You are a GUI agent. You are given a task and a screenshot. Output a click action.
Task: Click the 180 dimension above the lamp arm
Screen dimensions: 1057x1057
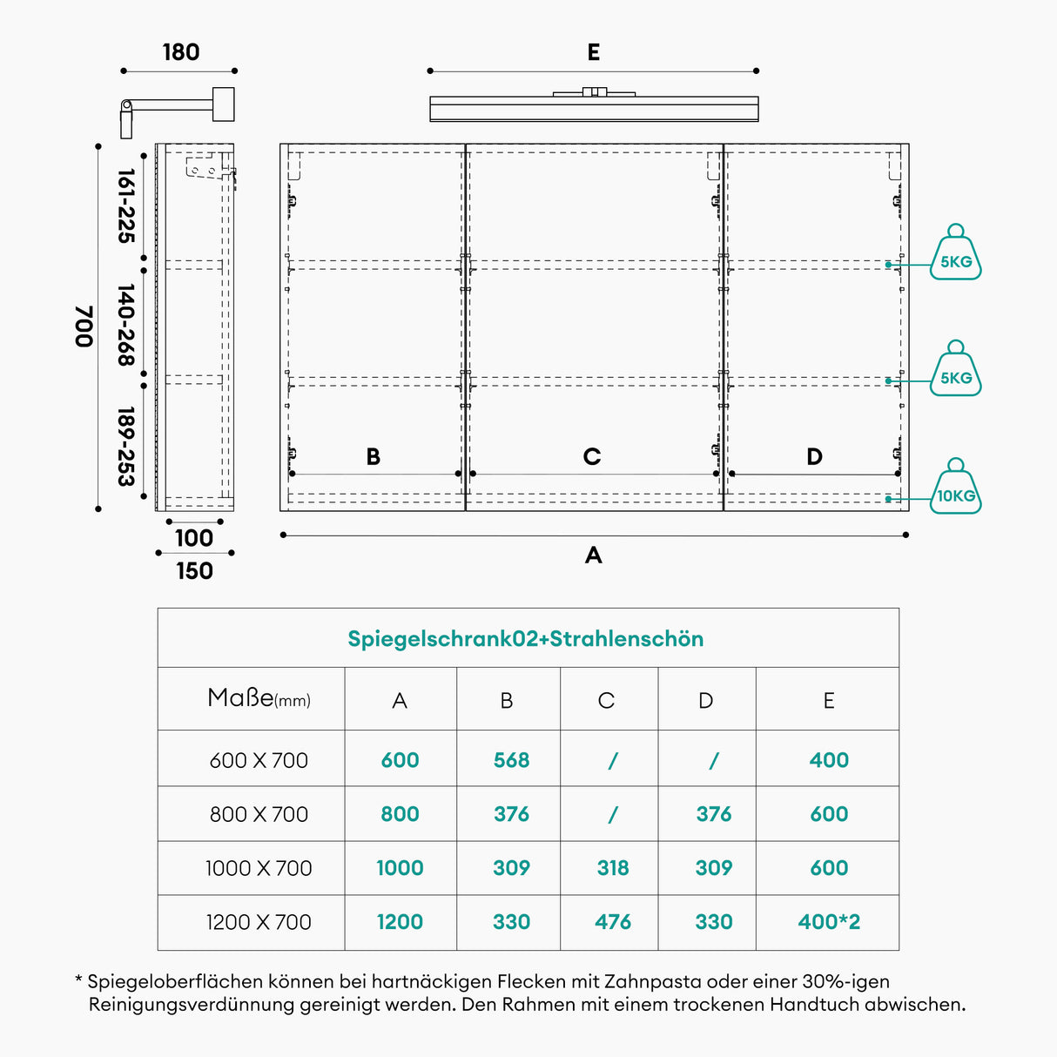point(181,52)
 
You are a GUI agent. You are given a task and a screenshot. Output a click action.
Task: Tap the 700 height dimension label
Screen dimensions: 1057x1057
point(84,327)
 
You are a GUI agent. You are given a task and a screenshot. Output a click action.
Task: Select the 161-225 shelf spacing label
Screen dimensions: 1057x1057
point(126,206)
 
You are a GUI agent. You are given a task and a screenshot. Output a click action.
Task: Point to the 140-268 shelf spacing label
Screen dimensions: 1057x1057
point(126,325)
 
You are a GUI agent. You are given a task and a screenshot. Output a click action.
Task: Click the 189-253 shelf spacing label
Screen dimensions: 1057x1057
point(126,447)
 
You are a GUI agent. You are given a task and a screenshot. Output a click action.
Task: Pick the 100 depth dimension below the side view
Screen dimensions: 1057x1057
point(194,538)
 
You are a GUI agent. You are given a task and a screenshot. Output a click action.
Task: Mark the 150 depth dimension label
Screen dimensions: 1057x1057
point(195,571)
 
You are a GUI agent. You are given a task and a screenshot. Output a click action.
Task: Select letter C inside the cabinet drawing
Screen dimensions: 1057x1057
point(592,456)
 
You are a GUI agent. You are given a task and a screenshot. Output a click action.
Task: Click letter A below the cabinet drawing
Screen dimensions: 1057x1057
point(594,555)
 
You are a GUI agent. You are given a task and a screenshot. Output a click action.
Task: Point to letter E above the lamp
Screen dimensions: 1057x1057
point(594,53)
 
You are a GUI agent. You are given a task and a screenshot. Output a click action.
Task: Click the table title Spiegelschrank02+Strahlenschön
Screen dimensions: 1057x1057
point(526,639)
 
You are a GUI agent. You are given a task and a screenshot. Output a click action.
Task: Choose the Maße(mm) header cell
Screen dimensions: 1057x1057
point(259,698)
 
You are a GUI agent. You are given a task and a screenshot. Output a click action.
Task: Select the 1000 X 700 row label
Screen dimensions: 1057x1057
point(259,868)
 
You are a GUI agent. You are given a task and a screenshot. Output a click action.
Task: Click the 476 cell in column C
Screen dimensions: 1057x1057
point(613,922)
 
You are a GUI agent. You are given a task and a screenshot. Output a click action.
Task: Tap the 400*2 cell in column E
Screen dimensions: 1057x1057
point(829,922)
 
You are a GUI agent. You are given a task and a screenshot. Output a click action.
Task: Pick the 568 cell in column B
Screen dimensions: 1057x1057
point(511,760)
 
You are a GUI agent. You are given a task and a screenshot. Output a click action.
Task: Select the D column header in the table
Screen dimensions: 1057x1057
point(706,701)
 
